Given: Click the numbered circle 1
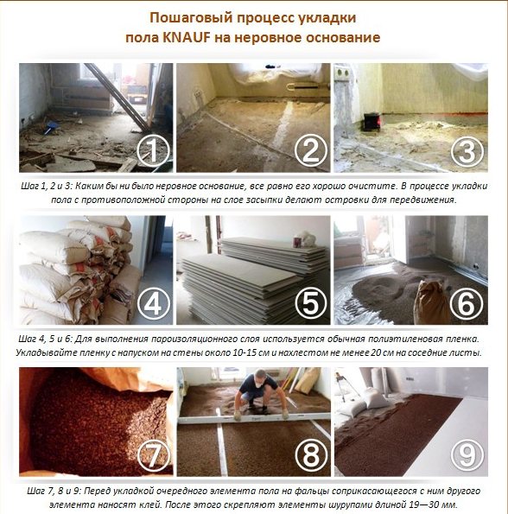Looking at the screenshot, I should [153, 151].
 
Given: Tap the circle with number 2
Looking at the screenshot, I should [308, 151].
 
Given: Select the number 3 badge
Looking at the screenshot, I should [466, 152].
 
